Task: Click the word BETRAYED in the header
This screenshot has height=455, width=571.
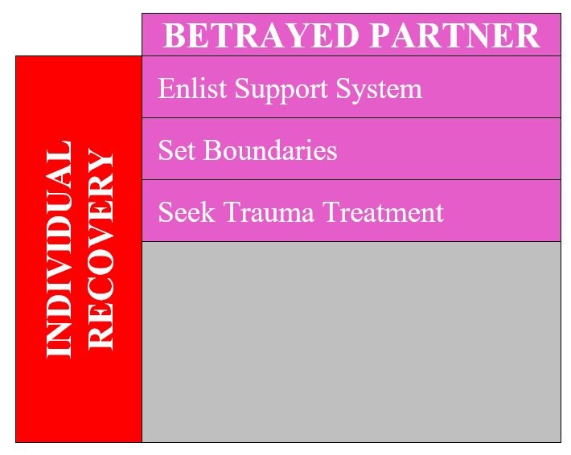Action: (x=261, y=35)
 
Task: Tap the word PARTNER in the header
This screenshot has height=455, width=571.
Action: (x=454, y=35)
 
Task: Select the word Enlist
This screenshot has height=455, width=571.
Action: (x=193, y=88)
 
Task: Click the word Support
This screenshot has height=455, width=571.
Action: (x=281, y=90)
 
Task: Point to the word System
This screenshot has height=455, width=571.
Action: (x=379, y=89)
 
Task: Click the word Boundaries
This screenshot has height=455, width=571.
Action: (x=270, y=150)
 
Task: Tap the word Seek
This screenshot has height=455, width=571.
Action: (x=187, y=212)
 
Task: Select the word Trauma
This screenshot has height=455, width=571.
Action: (x=269, y=212)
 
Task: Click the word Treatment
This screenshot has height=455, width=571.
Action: (x=383, y=212)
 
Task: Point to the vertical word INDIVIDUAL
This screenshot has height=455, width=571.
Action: (x=59, y=249)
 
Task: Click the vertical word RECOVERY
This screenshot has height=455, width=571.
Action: (x=101, y=249)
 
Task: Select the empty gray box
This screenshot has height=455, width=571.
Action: (x=351, y=342)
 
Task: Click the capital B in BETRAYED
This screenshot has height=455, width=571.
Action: (x=175, y=35)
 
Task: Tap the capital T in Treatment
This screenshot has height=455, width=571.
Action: (x=333, y=212)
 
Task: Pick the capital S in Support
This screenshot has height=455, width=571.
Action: (x=244, y=88)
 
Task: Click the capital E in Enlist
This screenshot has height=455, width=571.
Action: (x=167, y=88)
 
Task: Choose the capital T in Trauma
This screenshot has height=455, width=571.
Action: (x=233, y=212)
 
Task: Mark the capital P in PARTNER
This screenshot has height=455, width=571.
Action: (x=380, y=35)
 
